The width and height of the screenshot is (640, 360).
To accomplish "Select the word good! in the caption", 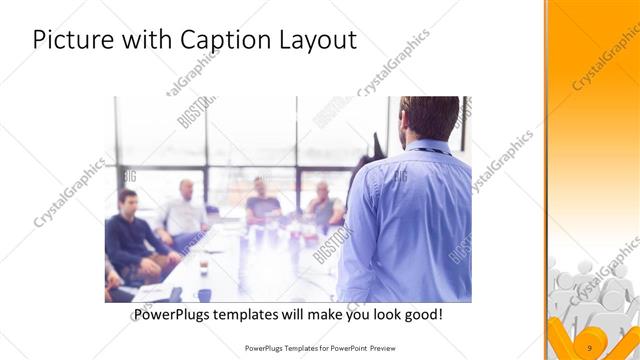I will (x=421, y=315).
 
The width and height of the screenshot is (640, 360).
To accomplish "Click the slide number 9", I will (x=590, y=347).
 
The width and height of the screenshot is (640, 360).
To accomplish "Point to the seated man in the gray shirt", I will (x=323, y=205).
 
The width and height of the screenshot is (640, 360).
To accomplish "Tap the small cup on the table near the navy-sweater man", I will (x=204, y=267).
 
